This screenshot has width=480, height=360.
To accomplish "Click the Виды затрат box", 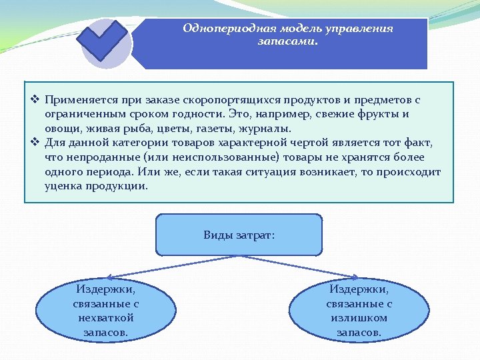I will [239, 235].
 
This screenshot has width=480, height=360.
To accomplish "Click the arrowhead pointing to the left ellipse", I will [111, 277].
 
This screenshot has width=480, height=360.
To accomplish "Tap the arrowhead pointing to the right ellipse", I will [357, 277].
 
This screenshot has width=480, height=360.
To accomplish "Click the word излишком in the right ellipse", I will [359, 317].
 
